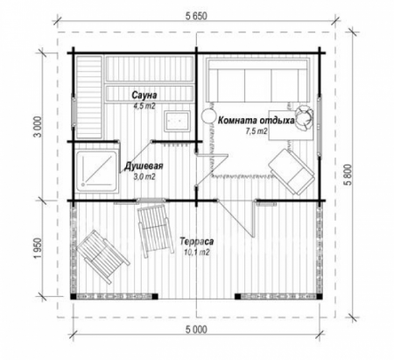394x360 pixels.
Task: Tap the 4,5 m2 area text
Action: coord(144,104)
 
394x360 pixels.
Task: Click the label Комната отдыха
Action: coord(256,121)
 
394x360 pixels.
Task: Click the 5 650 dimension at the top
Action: coord(196,14)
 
